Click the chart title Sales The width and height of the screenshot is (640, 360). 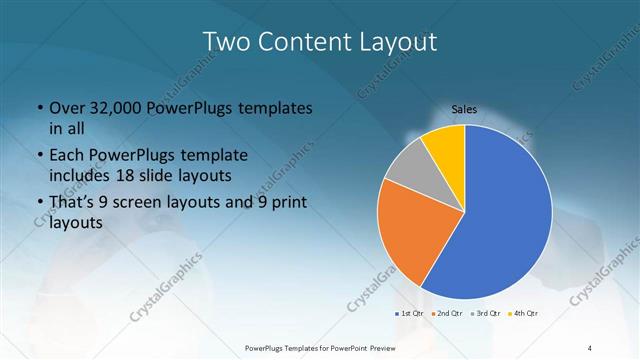click(x=464, y=108)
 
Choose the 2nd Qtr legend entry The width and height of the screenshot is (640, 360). click(x=446, y=314)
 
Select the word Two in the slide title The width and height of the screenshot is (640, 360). click(x=227, y=42)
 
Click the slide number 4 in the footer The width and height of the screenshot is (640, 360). click(x=590, y=347)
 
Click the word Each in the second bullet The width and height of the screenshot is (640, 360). click(x=64, y=156)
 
